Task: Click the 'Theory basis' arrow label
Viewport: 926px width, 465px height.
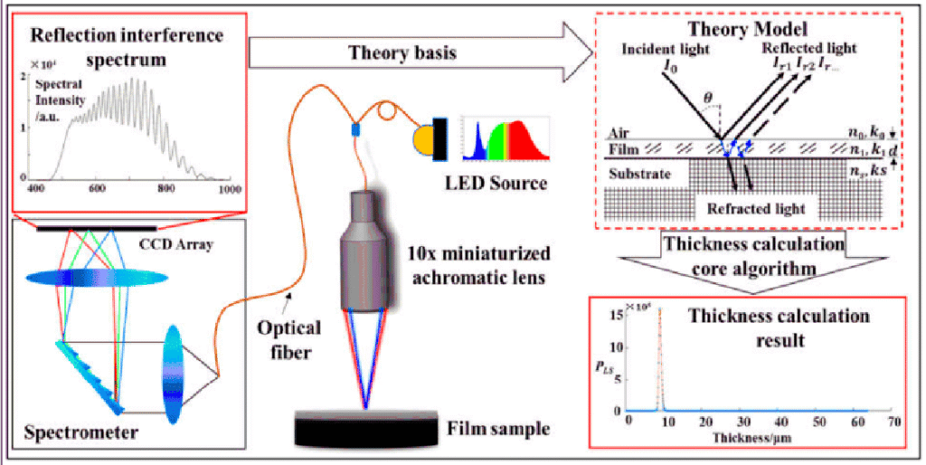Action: pyautogui.click(x=402, y=53)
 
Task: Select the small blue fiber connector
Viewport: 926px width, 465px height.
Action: pyautogui.click(x=355, y=130)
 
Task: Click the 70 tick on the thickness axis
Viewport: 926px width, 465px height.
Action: pyautogui.click(x=893, y=423)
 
